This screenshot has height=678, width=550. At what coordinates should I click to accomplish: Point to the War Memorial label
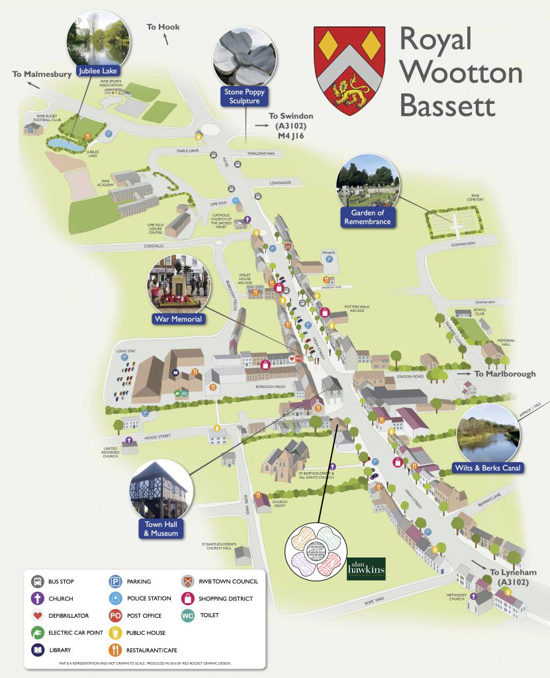[x=177, y=319]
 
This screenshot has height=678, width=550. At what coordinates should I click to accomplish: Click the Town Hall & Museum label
[x=161, y=528]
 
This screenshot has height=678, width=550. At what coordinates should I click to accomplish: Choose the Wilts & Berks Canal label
[x=488, y=468]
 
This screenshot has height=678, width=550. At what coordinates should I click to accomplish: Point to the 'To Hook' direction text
[x=163, y=27]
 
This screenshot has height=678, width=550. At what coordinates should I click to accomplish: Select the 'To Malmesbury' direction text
[x=41, y=74]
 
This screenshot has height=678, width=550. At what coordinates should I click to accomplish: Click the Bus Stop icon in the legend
[x=37, y=581]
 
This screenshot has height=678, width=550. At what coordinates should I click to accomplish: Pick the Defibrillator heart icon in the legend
[x=37, y=616]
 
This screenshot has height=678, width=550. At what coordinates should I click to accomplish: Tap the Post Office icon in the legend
[x=115, y=616]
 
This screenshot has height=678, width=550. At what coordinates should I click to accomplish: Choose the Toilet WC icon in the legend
[x=189, y=616]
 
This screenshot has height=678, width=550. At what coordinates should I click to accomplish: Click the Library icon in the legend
[x=37, y=650]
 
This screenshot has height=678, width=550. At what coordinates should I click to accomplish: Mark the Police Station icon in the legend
[x=115, y=599]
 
